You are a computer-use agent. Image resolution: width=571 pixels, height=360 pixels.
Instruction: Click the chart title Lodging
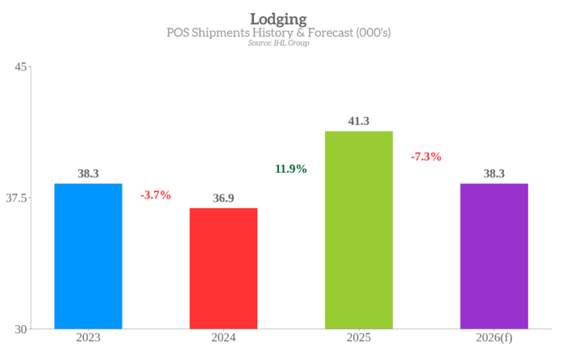[278, 18]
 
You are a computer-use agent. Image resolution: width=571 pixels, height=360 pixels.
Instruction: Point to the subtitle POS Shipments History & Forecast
[278, 33]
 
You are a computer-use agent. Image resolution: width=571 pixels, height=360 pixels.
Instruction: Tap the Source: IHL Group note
[278, 43]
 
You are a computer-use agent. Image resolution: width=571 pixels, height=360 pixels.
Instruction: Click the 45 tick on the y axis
[20, 66]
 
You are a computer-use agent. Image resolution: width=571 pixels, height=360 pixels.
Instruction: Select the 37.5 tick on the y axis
[16, 198]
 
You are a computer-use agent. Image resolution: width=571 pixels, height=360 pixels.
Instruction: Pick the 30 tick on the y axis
[20, 329]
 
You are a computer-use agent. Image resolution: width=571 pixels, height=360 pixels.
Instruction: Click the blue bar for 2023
[88, 256]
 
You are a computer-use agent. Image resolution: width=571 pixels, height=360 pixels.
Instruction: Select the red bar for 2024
[223, 268]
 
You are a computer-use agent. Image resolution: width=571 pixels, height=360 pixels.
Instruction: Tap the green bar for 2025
[359, 230]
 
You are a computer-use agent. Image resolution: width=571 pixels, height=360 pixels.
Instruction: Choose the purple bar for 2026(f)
[494, 256]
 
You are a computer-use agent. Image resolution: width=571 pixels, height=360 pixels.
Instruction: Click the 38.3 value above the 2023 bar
[88, 174]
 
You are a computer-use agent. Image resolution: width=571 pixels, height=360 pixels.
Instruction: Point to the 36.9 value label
[223, 198]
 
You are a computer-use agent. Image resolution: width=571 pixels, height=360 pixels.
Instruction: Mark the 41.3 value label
[359, 121]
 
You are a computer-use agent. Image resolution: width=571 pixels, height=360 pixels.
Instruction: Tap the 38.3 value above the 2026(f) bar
[494, 174]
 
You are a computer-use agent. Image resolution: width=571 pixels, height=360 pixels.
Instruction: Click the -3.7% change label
[156, 195]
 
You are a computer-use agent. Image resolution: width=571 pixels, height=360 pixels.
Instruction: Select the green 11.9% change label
[291, 169]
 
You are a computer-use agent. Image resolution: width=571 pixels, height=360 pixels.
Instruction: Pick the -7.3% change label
[426, 157]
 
